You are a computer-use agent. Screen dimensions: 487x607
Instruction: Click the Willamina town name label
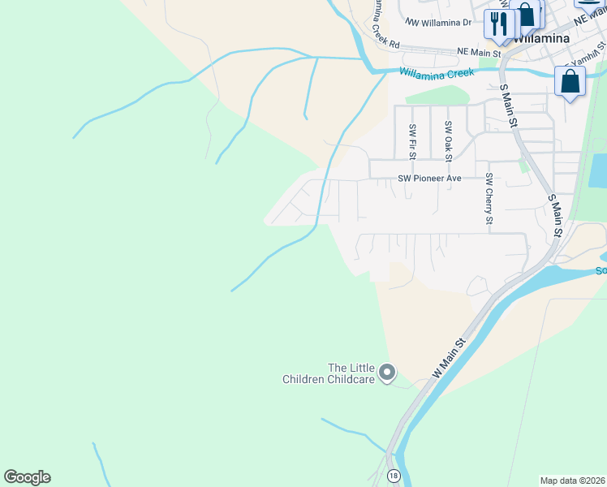tap(540, 38)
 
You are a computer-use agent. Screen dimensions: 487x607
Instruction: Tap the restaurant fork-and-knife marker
tap(498, 24)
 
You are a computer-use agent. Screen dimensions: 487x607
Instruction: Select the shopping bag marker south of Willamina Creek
tap(570, 82)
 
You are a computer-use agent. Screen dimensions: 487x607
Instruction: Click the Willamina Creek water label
tap(436, 73)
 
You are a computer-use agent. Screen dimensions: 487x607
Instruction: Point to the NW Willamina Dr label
tap(439, 23)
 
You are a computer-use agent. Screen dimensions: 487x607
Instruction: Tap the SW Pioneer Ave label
tap(429, 178)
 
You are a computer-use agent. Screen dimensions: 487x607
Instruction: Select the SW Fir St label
tap(413, 140)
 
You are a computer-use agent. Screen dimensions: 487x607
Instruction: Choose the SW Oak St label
tap(448, 139)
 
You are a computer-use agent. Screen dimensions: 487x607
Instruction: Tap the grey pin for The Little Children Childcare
tap(388, 373)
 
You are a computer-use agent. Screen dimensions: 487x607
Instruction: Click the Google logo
tap(27, 477)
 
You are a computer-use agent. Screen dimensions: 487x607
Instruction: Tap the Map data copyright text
tap(573, 481)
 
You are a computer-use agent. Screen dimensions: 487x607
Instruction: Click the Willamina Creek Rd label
tap(385, 24)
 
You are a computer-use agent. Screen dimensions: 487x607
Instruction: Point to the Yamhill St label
tap(587, 58)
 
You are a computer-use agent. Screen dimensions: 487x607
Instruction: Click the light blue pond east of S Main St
tap(598, 170)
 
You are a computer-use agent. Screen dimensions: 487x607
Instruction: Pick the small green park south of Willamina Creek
tap(437, 95)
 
